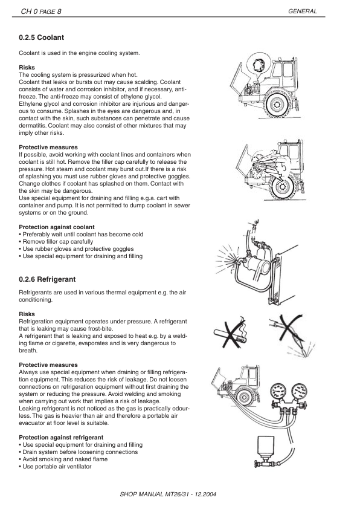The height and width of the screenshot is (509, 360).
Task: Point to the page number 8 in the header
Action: tap(58, 11)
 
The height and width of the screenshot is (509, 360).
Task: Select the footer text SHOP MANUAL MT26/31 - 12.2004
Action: tap(169, 493)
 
